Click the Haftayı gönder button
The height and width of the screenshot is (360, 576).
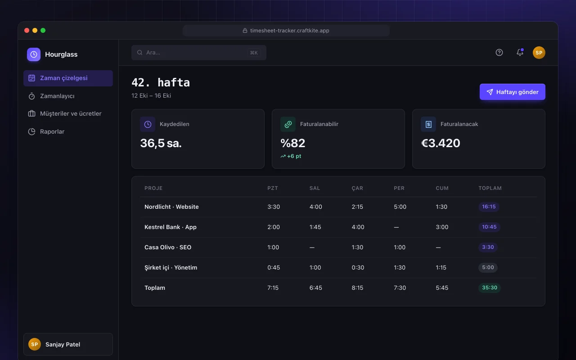pos(512,92)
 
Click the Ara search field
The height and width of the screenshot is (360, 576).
pos(199,53)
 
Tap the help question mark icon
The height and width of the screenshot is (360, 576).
pos(499,53)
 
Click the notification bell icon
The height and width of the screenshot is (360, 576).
pos(520,52)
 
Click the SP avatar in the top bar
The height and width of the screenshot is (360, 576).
pos(539,53)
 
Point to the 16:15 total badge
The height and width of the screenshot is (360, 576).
pos(489,207)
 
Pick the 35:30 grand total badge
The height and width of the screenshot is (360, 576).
pos(489,288)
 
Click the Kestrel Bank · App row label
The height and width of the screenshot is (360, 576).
pos(171,227)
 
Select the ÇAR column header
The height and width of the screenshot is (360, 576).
pos(357,188)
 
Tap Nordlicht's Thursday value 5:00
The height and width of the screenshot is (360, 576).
pos(400,207)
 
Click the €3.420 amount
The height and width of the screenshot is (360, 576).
pos(441,143)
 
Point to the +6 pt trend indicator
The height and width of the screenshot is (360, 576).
pos(291,156)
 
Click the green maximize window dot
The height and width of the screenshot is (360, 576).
pos(43,30)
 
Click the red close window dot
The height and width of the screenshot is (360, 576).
pos(27,30)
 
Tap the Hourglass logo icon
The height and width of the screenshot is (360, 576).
pos(34,54)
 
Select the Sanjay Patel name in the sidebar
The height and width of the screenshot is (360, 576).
pos(63,344)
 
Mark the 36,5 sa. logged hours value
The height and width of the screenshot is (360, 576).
pos(161,143)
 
